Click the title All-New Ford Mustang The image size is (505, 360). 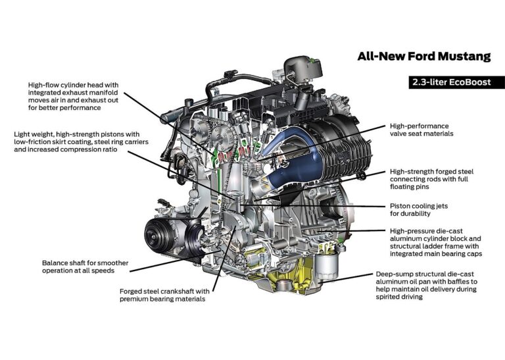(x=424, y=57)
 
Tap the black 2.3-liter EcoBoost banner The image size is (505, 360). (x=457, y=82)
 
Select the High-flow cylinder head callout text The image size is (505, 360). (x=74, y=96)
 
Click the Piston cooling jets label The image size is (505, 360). (x=419, y=209)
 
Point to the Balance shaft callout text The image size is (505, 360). (x=85, y=267)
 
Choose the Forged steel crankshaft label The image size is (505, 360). (x=164, y=295)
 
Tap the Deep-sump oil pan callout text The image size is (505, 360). (x=426, y=285)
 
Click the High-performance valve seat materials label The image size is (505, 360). (x=421, y=130)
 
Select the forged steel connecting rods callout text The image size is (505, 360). (x=431, y=179)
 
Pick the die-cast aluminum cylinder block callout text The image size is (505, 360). (x=436, y=242)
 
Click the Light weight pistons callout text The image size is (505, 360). (x=81, y=141)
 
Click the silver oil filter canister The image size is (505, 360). (x=327, y=267)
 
